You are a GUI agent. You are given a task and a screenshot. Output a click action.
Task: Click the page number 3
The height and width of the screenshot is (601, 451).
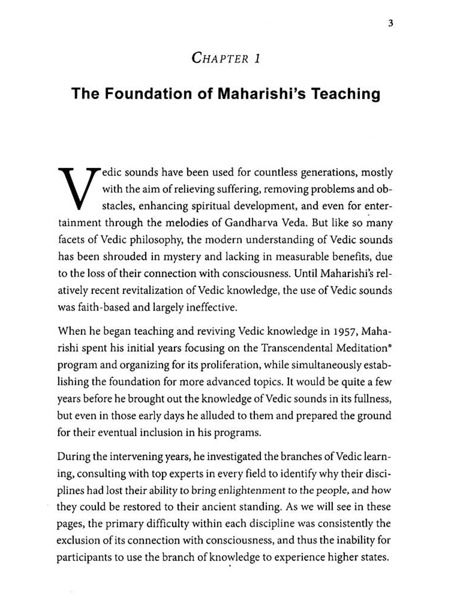click(391, 23)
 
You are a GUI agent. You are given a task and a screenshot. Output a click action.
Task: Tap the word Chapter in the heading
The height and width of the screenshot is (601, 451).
click(220, 58)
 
